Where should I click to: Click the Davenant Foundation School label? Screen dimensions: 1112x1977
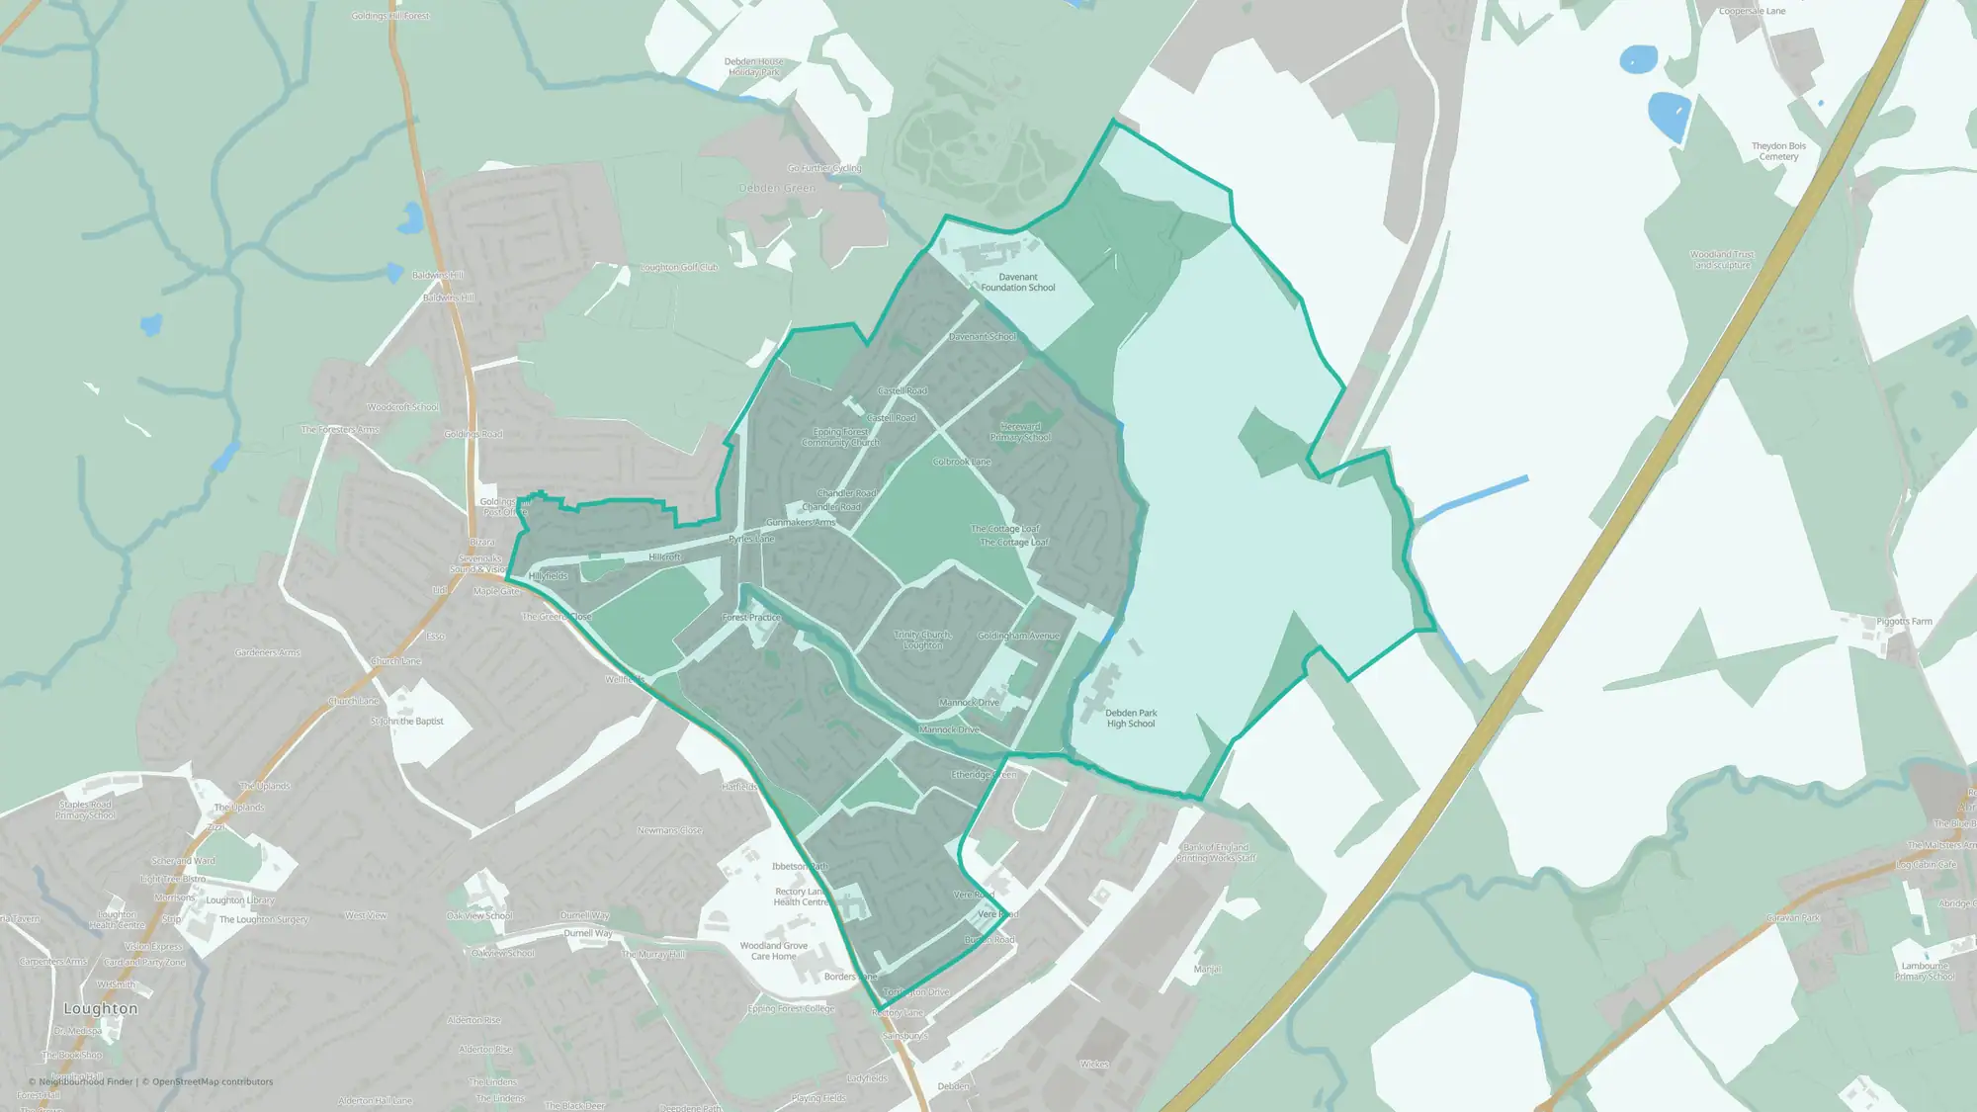1017,283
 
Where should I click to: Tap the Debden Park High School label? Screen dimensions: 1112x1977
1130,719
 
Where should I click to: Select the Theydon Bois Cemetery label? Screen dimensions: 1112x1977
1778,151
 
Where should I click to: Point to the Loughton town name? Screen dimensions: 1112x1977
101,1009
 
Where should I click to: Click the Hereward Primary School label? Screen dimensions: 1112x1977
1020,432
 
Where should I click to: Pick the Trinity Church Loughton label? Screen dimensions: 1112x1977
922,641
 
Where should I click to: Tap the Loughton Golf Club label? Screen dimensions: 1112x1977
679,268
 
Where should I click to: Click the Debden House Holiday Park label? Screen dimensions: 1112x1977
754,67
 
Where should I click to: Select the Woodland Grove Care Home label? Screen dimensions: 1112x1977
773,951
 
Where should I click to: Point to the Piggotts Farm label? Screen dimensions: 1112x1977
1903,622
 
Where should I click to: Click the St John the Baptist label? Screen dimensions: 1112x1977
407,722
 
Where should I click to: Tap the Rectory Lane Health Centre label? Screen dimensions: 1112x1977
801,897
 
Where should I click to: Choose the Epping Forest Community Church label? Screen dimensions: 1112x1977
840,437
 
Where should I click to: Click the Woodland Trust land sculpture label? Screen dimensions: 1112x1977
1722,260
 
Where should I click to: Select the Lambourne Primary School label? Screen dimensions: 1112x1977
1924,972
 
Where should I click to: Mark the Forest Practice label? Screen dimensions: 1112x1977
751,618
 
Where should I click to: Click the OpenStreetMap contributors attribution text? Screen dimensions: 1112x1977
213,1082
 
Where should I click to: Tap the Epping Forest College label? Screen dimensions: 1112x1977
791,1009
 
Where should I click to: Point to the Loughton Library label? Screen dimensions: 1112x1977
240,900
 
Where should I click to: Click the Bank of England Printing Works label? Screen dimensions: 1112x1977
1216,853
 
